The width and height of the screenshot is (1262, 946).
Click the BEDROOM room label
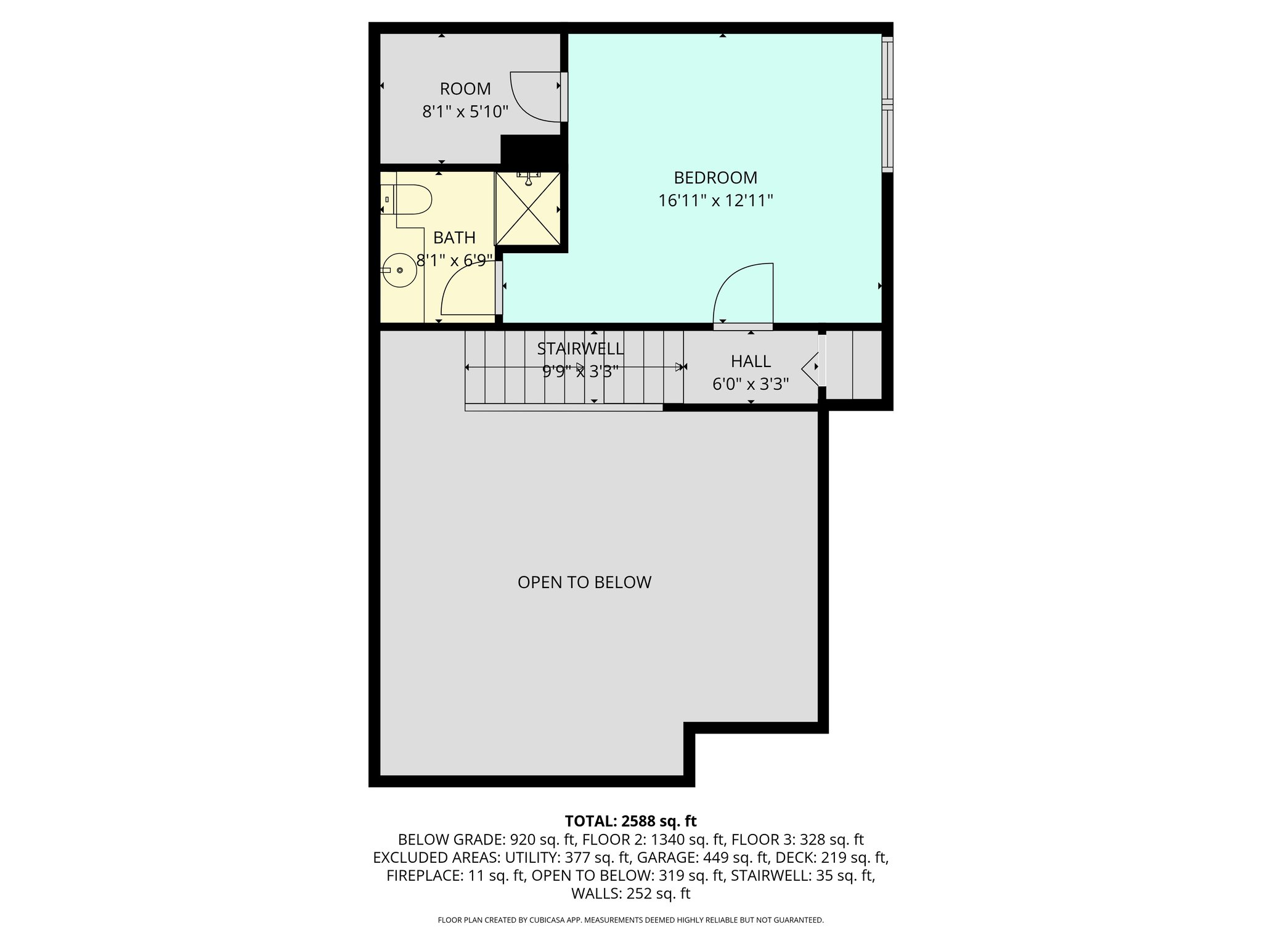point(715,178)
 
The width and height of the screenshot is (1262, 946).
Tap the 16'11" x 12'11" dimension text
point(715,201)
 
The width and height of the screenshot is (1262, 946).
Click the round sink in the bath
point(399,270)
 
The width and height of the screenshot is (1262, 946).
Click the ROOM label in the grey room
point(465,89)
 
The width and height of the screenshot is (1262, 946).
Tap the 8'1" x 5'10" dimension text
point(465,112)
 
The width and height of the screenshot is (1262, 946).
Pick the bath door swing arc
point(466,293)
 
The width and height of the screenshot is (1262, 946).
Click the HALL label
point(751,362)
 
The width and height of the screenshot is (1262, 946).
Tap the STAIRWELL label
point(580,349)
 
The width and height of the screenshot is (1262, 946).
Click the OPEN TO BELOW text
point(584,583)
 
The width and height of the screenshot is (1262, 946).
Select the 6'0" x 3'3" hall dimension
point(751,384)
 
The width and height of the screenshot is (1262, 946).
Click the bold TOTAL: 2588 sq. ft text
point(630,821)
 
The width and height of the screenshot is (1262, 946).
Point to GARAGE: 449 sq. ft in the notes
point(702,857)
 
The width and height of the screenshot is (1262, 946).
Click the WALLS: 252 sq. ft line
point(630,894)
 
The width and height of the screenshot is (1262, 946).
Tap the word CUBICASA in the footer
point(550,920)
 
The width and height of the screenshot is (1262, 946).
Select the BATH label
point(454,238)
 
